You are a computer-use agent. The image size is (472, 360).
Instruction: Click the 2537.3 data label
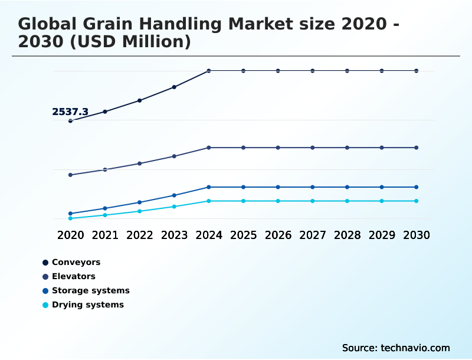70,112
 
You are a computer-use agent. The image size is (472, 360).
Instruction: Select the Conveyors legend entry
76,262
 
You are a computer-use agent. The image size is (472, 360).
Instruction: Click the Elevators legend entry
73,276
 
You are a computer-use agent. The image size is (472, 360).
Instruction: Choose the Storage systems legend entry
90,290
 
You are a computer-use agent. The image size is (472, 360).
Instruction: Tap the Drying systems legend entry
87,305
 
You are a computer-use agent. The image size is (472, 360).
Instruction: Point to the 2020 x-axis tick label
70,235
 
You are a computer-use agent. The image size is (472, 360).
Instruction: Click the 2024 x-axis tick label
209,235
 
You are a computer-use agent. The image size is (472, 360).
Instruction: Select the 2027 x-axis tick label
313,235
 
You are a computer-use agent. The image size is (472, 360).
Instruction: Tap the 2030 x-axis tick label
417,235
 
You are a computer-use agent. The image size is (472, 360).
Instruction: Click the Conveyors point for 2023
174,87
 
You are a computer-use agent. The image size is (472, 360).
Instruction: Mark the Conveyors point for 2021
105,112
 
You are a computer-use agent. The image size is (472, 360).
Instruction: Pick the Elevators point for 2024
209,148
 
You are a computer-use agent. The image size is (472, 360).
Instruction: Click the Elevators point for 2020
70,175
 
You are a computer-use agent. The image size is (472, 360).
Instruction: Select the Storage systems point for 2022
140,202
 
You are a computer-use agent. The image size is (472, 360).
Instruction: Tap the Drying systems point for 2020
70,218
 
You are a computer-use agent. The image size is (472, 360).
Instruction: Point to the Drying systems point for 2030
417,201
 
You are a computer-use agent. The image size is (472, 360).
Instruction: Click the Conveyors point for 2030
417,71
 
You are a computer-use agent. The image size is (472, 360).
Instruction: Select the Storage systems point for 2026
278,187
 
